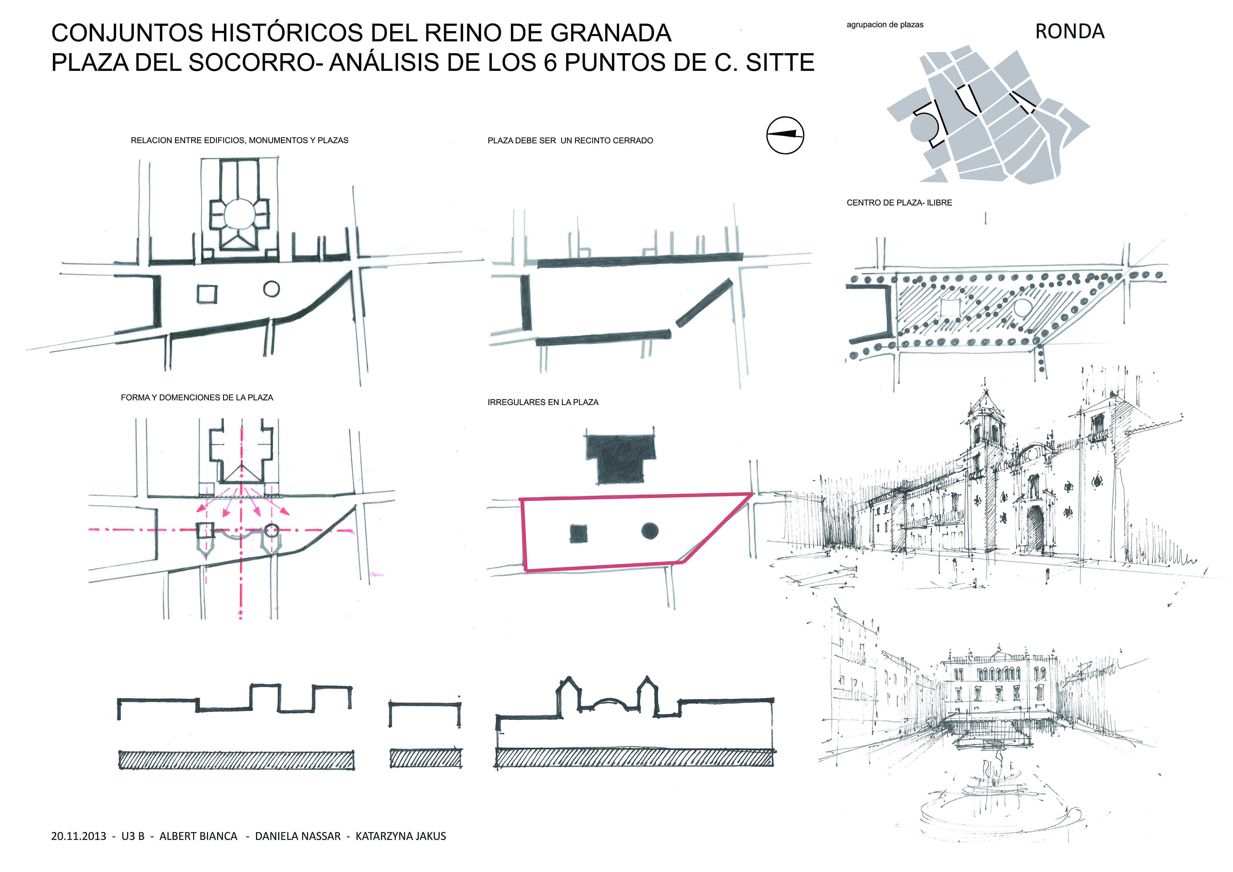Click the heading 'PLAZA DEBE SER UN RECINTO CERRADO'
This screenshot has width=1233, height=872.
pyautogui.click(x=570, y=141)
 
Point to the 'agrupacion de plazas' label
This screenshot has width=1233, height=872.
pyautogui.click(x=885, y=25)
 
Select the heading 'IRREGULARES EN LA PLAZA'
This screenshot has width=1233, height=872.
pyautogui.click(x=543, y=402)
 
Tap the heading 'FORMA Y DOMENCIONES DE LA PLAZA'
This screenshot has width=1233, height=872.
pyautogui.click(x=197, y=397)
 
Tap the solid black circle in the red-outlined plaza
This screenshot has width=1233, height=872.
pyautogui.click(x=650, y=530)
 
